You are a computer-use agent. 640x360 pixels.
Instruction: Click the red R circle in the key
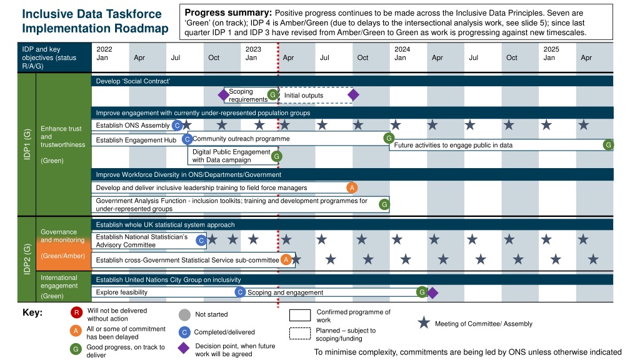click(76, 312)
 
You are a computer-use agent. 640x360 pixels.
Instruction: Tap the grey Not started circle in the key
click(184, 315)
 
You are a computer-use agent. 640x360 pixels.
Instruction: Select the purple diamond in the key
click(184, 348)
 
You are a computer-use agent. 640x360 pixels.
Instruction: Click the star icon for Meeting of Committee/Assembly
click(424, 323)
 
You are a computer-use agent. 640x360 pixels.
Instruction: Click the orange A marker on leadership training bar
click(352, 187)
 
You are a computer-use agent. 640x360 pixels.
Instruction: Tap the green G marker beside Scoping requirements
click(272, 95)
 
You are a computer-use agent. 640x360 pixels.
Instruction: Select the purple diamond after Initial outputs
click(353, 95)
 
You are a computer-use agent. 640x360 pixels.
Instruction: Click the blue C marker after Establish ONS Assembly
click(177, 125)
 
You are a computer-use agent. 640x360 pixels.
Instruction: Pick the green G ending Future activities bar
click(608, 145)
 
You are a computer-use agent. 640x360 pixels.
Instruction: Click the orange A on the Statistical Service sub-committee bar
click(286, 259)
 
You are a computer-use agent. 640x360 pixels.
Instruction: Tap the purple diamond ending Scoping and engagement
click(432, 292)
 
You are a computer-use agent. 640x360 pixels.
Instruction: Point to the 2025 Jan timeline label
click(551, 54)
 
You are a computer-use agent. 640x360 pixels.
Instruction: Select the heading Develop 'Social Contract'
click(132, 81)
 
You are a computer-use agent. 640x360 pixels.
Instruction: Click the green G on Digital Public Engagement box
click(277, 156)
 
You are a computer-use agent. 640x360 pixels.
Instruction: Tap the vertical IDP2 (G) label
click(27, 259)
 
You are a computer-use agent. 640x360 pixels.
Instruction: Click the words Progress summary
click(228, 12)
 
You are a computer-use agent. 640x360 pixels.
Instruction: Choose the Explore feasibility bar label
click(122, 292)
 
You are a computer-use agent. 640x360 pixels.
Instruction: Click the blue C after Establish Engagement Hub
click(187, 139)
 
